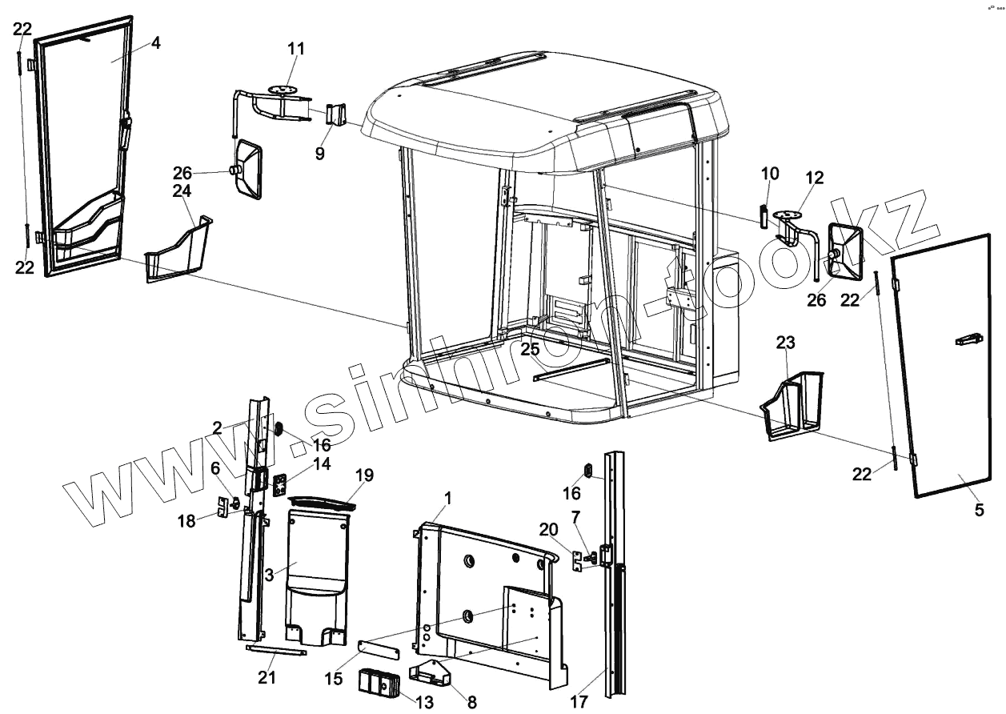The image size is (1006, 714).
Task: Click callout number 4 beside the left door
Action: point(156,43)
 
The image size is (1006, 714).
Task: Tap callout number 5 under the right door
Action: point(979,510)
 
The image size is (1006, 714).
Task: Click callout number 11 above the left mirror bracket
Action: point(297,50)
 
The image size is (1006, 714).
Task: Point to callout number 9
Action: point(320,154)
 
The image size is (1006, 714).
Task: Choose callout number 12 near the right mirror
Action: point(814,177)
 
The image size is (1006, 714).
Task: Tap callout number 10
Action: point(769,174)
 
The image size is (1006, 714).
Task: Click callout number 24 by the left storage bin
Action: point(182,191)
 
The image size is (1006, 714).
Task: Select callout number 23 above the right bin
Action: point(786,343)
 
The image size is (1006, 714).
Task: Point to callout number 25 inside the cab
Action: point(530,349)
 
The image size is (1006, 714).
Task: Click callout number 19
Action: point(364,475)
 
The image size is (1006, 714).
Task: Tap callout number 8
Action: point(471,702)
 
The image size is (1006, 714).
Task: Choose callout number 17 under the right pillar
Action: point(579,702)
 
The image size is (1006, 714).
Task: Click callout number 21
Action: point(267,678)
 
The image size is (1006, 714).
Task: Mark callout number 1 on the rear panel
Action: point(447,498)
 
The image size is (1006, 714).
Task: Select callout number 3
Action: point(270,575)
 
